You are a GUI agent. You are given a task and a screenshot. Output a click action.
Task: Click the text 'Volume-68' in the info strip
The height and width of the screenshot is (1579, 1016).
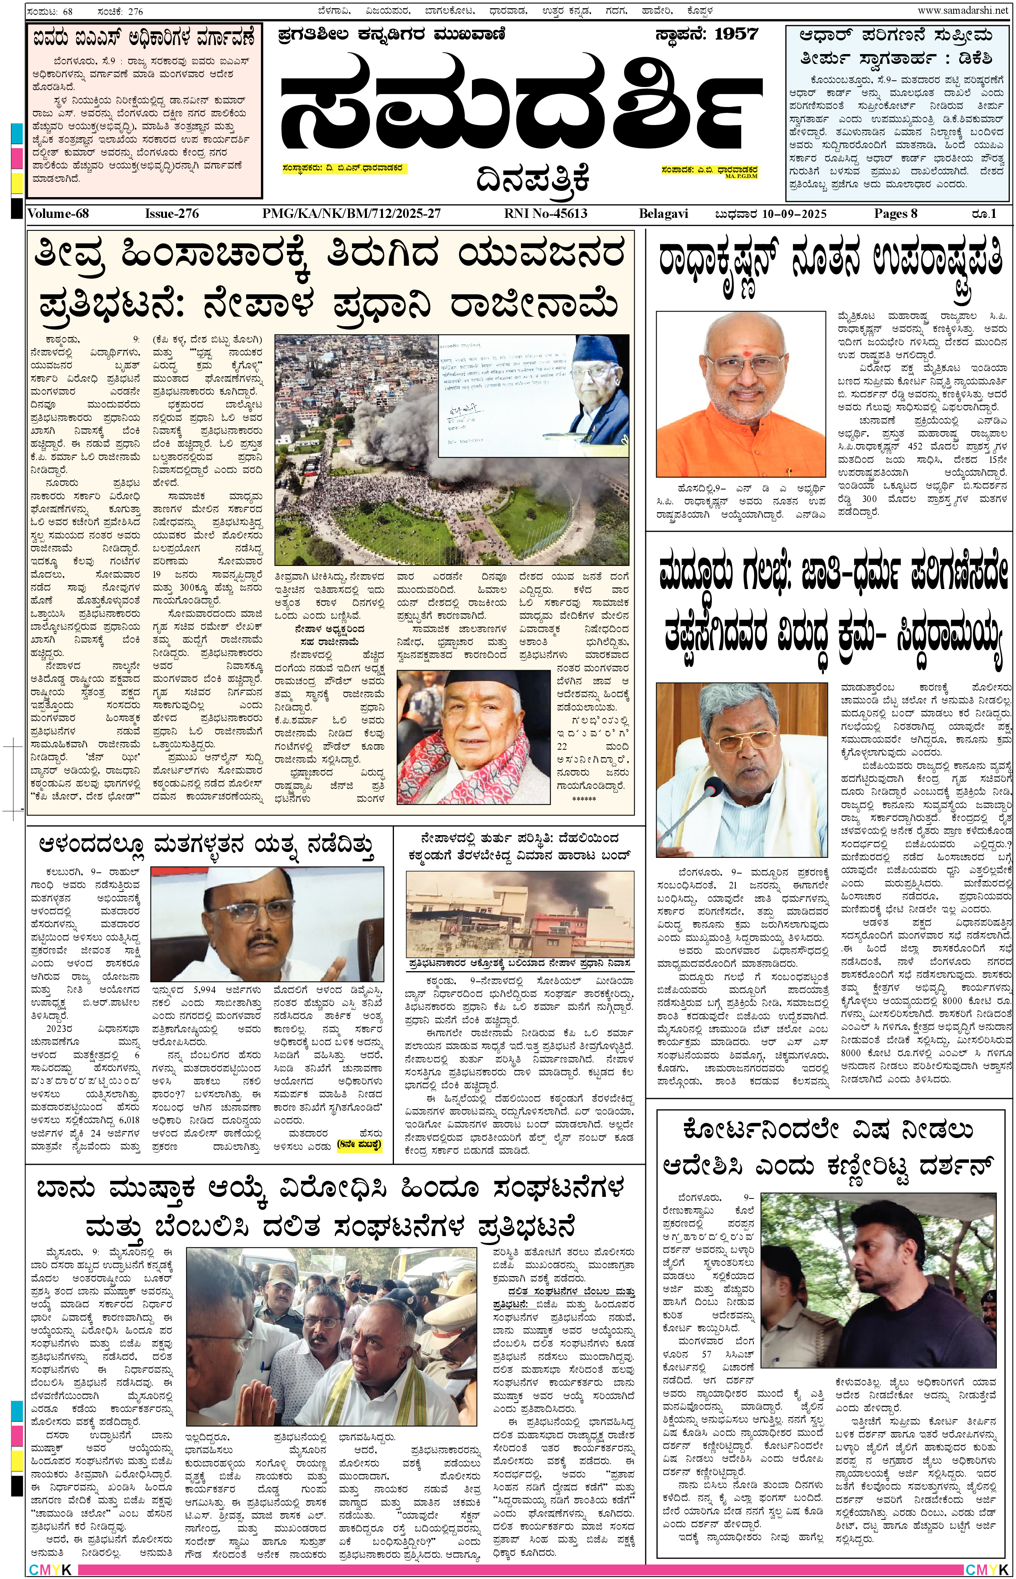58,214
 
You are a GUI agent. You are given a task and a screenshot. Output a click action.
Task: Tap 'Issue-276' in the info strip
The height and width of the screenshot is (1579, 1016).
172,214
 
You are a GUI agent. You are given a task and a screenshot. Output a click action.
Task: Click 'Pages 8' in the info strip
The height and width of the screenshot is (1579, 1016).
895,214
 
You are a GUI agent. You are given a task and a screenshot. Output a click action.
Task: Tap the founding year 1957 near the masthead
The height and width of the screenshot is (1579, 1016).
736,34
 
